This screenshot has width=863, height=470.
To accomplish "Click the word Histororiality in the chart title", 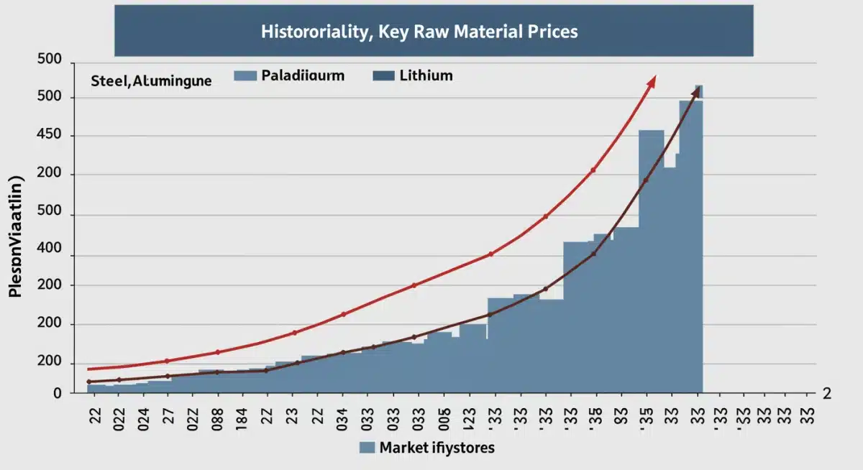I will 303,32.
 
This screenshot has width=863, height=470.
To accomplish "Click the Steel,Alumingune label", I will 151,80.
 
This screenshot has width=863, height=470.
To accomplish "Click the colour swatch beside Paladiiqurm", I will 246,75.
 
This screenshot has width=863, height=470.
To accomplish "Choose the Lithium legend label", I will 425,75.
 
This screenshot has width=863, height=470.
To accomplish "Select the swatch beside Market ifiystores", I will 367,448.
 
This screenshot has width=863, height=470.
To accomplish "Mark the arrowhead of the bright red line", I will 652,81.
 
